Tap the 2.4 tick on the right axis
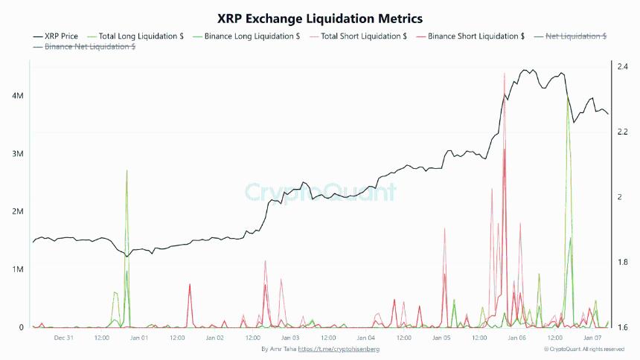(622, 67)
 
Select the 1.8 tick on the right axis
(622, 263)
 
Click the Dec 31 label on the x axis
(63, 338)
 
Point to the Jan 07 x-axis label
(592, 338)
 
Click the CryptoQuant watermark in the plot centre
(321, 193)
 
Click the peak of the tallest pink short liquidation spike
(505, 74)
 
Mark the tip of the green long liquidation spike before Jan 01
(127, 170)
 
